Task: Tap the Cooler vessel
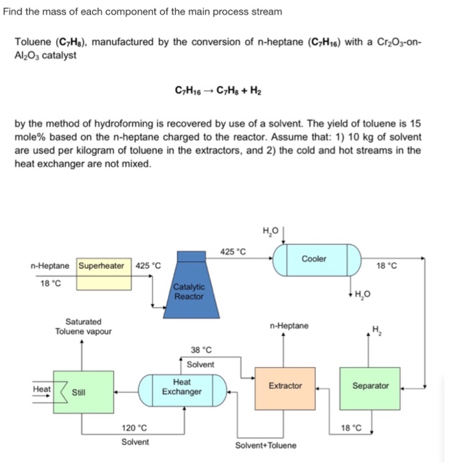point(314,260)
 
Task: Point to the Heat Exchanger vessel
point(182,387)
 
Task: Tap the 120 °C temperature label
point(134,428)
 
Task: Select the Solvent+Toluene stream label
point(266,445)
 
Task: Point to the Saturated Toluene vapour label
point(84,326)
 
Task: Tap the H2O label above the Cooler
point(271,231)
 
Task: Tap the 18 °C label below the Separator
point(351,428)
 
